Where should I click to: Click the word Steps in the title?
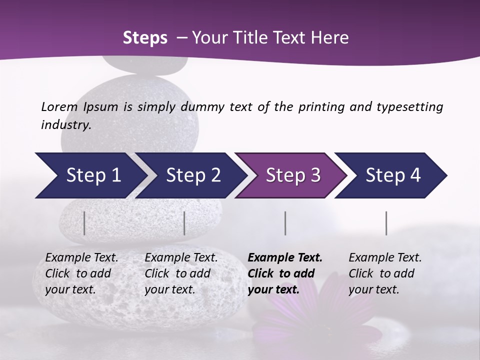pos(145,38)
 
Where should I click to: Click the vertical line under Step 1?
pos(84,223)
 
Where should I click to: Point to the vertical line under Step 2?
pos(184,223)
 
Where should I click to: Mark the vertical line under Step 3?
pos(285,223)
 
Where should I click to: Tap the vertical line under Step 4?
pos(386,223)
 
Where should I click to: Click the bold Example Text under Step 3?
pos(285,258)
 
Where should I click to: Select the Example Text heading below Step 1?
pos(81,258)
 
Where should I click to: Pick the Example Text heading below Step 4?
pos(385,258)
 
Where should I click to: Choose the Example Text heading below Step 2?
pos(181,258)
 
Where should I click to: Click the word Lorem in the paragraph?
pos(59,107)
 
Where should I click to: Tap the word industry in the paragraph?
pos(66,125)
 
